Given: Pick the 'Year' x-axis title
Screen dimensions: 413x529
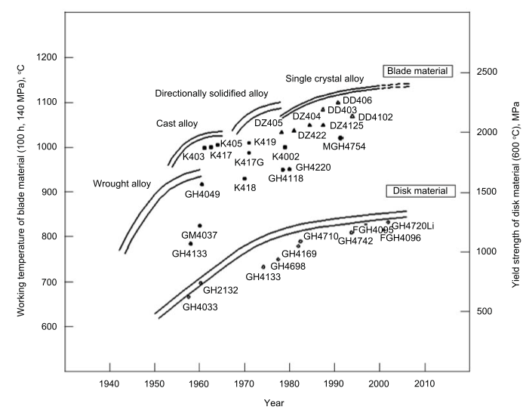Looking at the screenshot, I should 274,403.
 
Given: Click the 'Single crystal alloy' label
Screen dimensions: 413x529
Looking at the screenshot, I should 324,79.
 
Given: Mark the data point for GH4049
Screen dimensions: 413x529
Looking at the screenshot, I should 201,184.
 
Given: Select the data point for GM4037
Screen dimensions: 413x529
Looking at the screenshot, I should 200,226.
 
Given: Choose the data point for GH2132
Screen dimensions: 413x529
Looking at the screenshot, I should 201,283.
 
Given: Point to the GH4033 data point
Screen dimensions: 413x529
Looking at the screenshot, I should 189,297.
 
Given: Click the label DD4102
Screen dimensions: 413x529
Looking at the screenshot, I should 375,117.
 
